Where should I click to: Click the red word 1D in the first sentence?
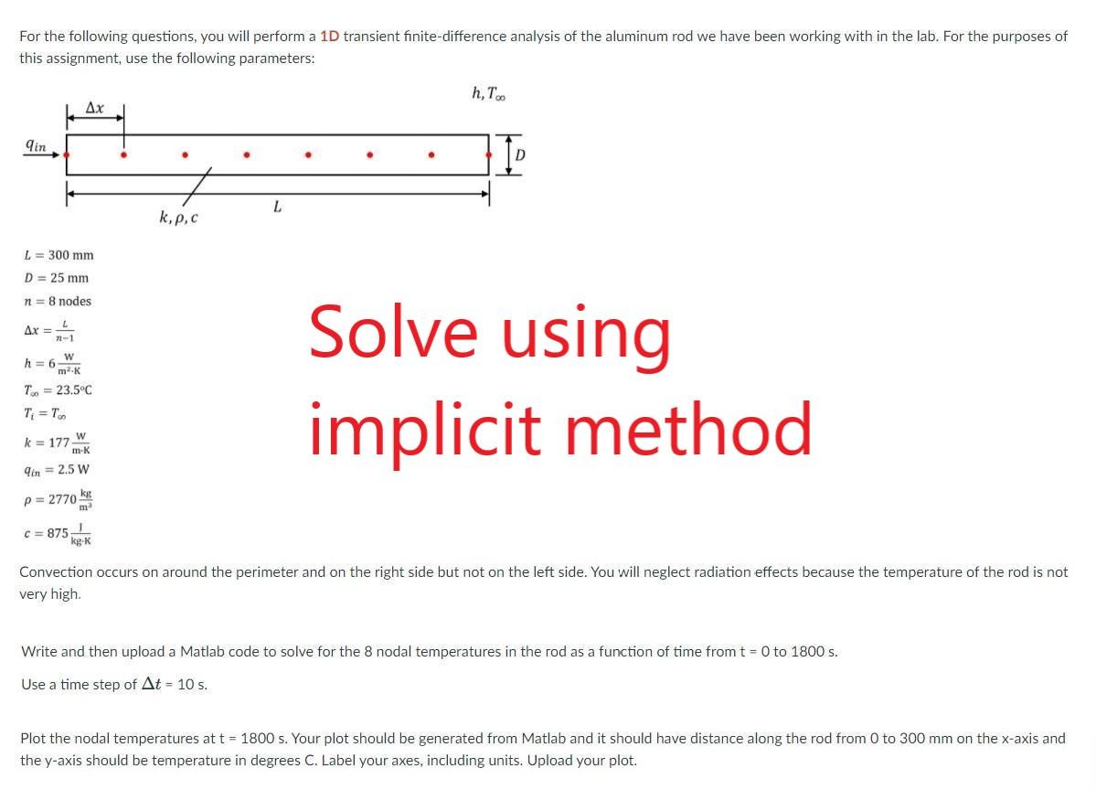point(330,37)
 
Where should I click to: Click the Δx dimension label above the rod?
point(95,108)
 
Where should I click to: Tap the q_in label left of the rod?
point(36,145)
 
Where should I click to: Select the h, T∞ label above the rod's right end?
point(489,93)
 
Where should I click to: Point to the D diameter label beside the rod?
point(519,155)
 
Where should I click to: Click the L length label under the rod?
point(278,207)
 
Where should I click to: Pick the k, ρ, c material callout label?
point(178,218)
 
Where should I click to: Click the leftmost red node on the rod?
point(67,155)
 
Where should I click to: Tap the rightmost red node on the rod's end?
point(488,155)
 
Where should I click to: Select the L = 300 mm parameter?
point(59,255)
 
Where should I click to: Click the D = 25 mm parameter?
point(57,278)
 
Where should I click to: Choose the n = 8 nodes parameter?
point(58,302)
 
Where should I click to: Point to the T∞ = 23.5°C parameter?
point(58,390)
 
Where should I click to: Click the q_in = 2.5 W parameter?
point(57,470)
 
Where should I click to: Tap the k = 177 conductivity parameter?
point(58,442)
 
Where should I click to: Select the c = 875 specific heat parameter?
point(58,533)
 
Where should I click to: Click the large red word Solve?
point(393,331)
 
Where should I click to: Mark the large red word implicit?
point(425,429)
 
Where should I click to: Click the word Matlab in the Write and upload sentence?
point(203,652)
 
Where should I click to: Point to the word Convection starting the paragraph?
point(56,571)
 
